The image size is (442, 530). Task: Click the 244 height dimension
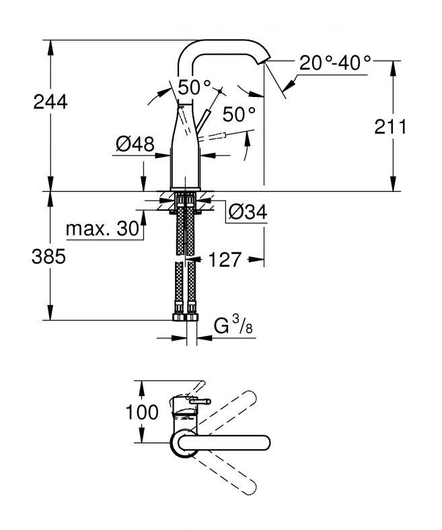(50, 102)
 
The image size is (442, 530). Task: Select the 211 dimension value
(391, 127)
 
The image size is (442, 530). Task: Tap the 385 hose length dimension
(48, 257)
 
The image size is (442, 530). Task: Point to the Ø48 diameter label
(135, 144)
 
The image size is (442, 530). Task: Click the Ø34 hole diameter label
(248, 212)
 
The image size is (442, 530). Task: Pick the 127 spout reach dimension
(225, 259)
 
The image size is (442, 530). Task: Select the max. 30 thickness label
(103, 229)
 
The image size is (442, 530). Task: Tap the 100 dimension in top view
(142, 412)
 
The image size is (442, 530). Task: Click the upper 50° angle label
(194, 87)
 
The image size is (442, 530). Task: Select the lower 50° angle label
(239, 114)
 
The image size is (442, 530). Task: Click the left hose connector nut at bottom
(179, 317)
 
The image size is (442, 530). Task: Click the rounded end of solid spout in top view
(264, 443)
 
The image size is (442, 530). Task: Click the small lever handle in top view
(200, 401)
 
